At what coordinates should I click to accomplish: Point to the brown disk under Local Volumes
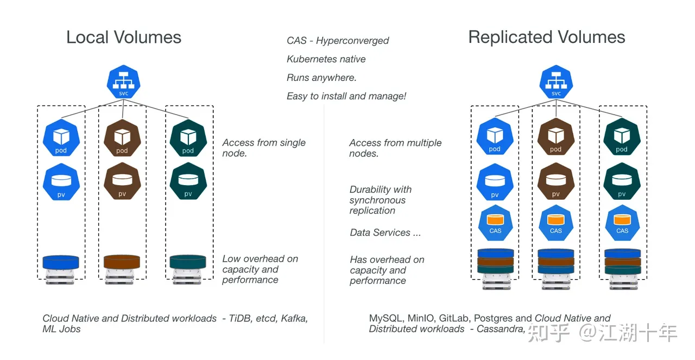(122, 262)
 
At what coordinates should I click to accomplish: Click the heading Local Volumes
(124, 37)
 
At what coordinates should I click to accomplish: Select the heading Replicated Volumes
(546, 37)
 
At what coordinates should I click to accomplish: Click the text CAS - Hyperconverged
(338, 41)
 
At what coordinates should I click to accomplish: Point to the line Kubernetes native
(326, 59)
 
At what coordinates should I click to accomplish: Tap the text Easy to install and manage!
(346, 96)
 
